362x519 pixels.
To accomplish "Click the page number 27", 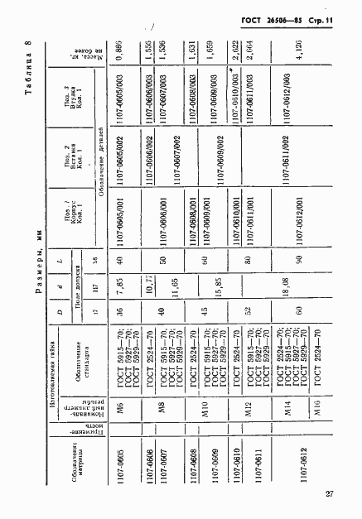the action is (330, 494).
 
